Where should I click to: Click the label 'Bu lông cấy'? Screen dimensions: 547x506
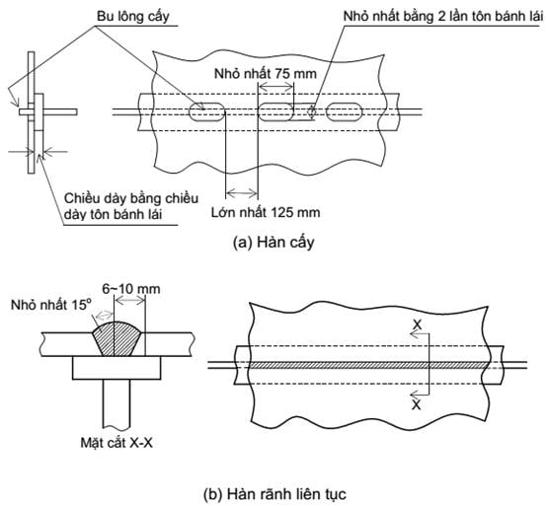tap(133, 17)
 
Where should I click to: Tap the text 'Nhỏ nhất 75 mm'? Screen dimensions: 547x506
tap(266, 74)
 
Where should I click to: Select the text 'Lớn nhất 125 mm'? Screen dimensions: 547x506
tap(266, 212)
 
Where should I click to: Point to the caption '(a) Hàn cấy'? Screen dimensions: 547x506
tap(273, 243)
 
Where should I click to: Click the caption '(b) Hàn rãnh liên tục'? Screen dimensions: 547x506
tap(274, 494)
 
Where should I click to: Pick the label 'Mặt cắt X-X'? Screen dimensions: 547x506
tap(117, 443)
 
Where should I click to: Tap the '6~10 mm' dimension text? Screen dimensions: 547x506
tap(131, 289)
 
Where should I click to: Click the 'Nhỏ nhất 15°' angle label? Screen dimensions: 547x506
tap(51, 305)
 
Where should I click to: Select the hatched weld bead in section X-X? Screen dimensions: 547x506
tap(117, 338)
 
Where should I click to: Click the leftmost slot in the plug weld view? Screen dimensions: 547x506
tap(207, 111)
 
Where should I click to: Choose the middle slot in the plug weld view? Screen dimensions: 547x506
tap(275, 111)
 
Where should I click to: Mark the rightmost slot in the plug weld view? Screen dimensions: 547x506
tap(345, 111)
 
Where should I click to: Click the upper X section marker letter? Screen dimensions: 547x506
tap(417, 325)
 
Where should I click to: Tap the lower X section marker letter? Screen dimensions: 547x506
tap(417, 405)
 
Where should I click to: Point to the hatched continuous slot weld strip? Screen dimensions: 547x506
tap(370, 365)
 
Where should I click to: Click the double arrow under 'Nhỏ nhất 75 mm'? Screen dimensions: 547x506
tap(275, 86)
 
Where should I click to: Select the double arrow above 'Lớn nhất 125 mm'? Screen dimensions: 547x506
tap(242, 192)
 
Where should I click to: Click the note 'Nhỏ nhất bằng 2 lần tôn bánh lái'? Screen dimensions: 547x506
tap(443, 17)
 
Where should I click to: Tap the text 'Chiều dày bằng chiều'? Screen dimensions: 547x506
tap(131, 198)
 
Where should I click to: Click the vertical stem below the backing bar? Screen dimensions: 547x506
tap(117, 403)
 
